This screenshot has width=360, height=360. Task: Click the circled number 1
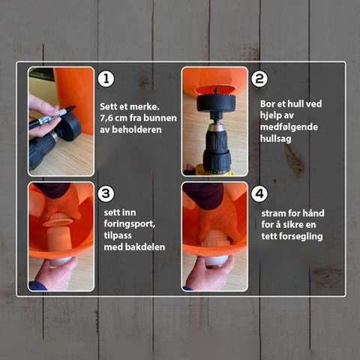pos(106,79)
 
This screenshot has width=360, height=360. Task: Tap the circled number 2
pos(259,79)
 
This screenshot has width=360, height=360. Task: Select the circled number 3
pos(106,193)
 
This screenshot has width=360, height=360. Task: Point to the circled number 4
pos(259,193)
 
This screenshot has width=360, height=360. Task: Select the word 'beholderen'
pos(136,130)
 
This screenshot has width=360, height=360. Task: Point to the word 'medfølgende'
pos(289,127)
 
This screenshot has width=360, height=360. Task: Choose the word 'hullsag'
pos(276,139)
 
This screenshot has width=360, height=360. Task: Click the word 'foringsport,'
pos(130,224)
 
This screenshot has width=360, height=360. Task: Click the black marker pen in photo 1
pos(52,117)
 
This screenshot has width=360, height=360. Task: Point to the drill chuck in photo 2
pos(217,145)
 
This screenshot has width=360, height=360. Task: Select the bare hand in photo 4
pos(209,273)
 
